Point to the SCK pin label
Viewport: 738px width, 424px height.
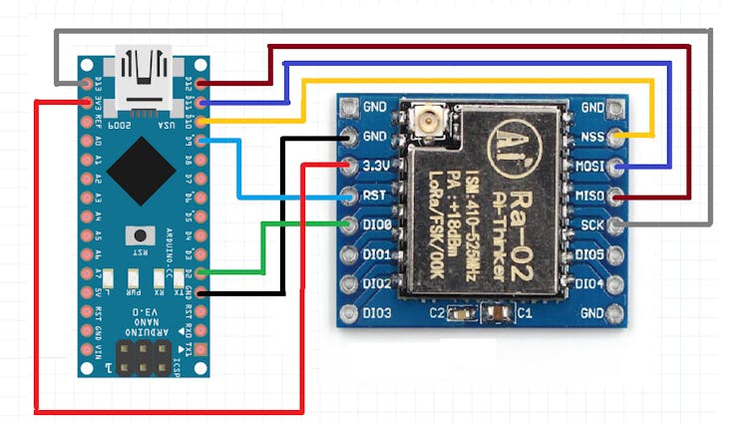click(590, 225)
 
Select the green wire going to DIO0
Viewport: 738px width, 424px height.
click(264, 247)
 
